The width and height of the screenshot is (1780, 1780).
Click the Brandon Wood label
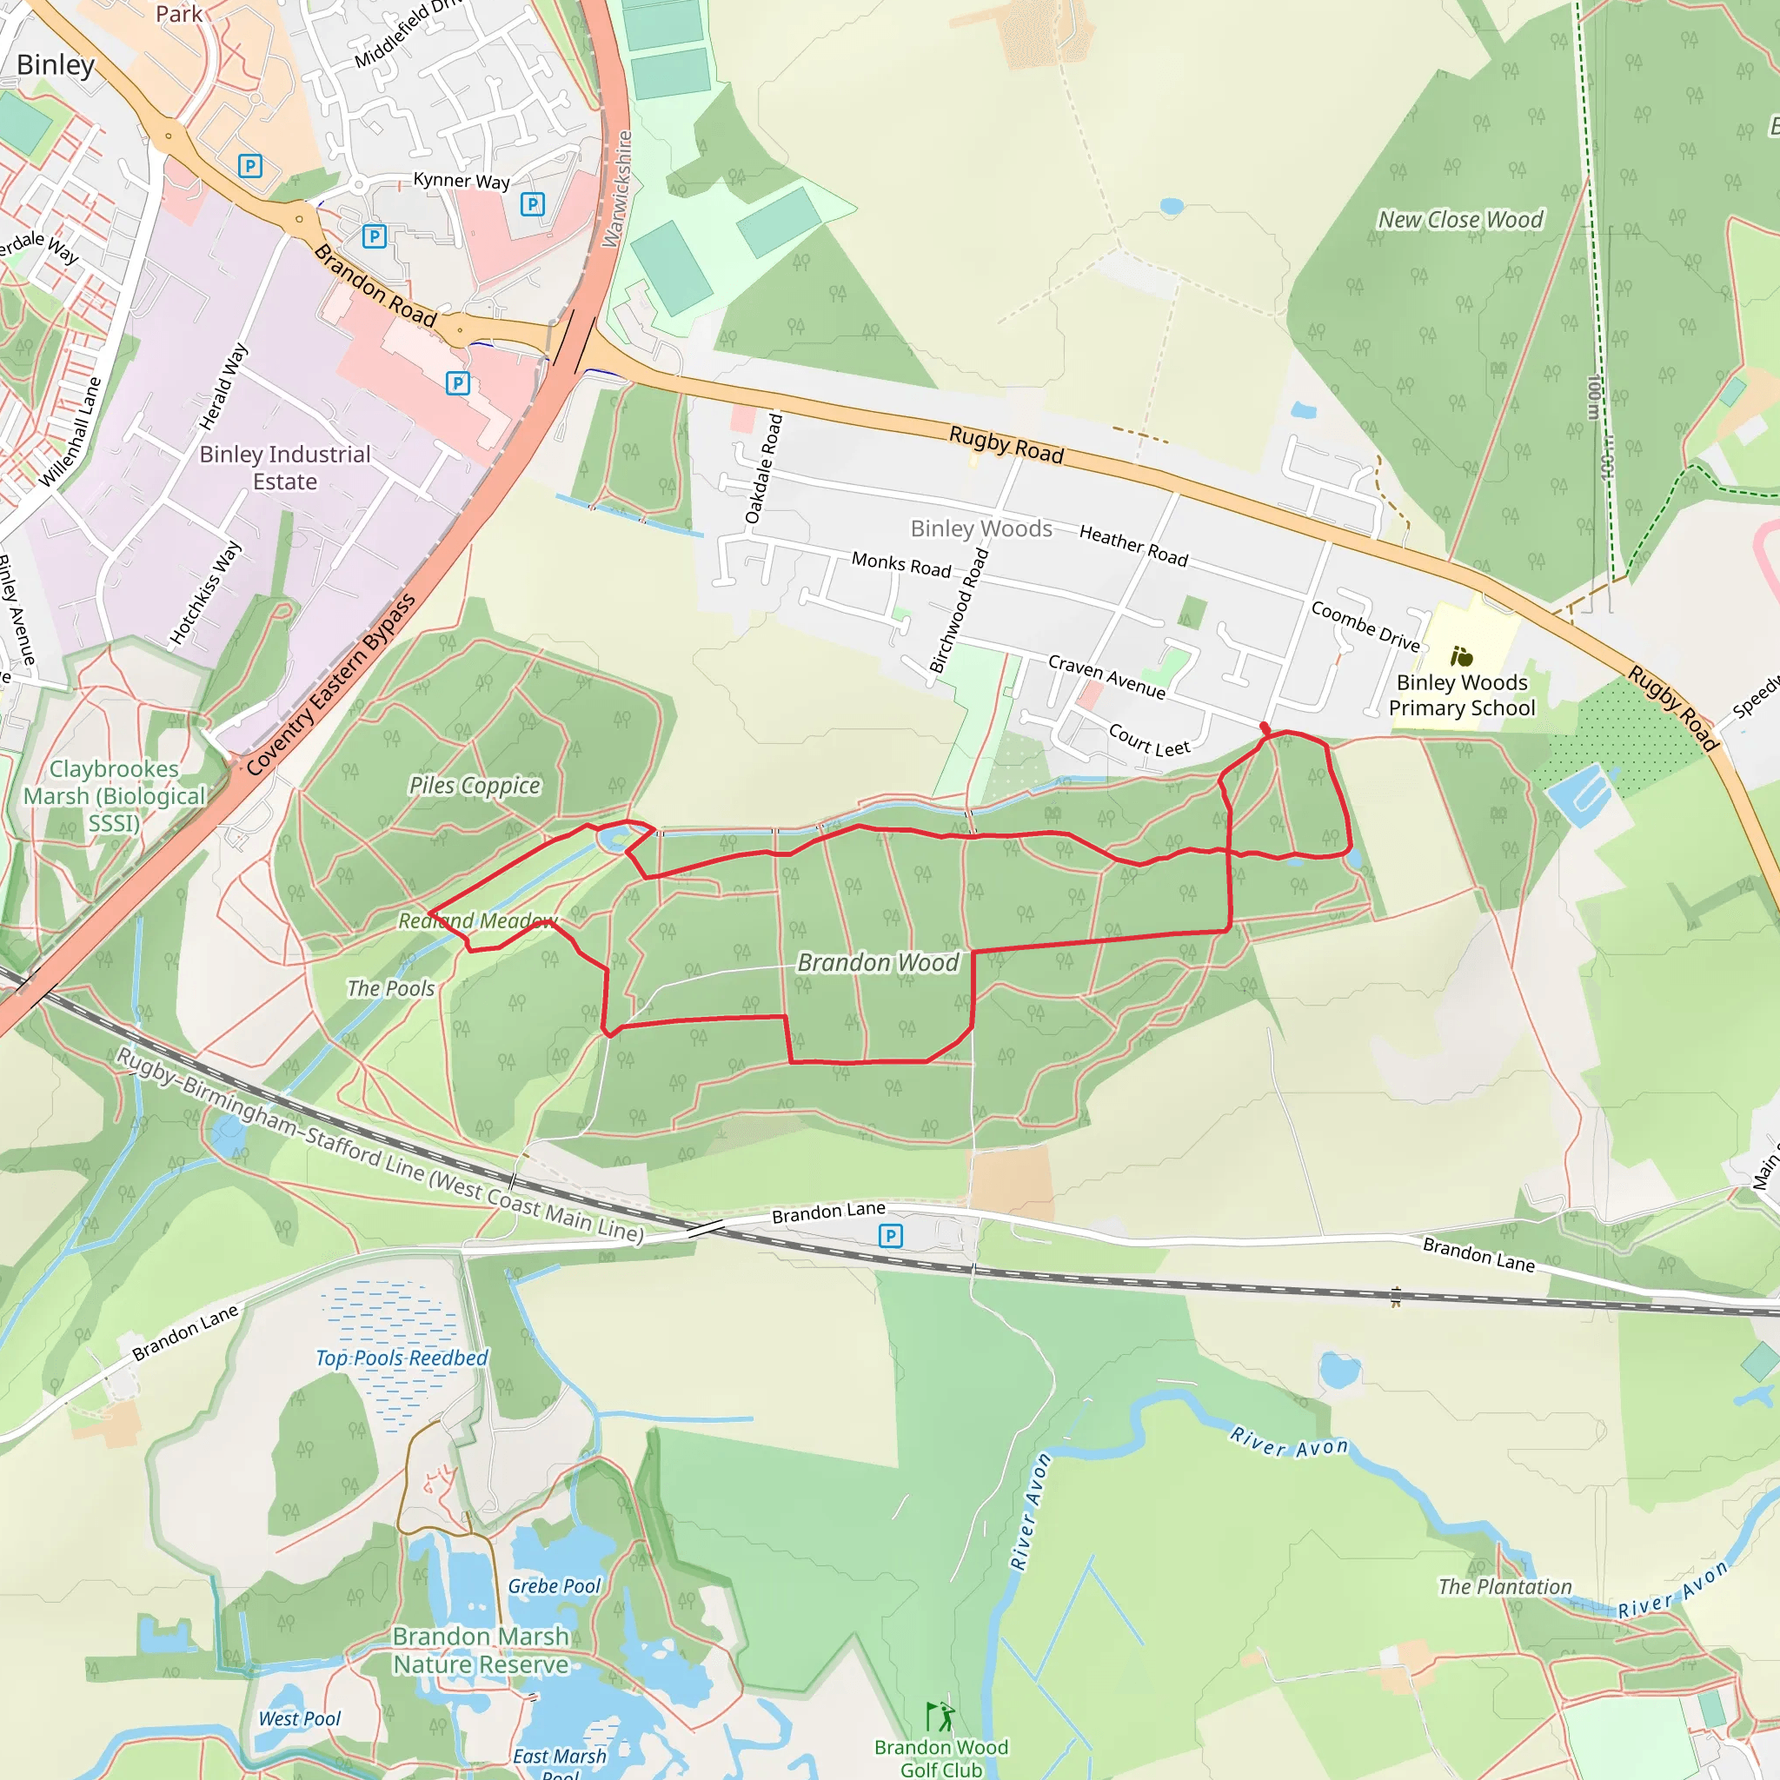pos(877,963)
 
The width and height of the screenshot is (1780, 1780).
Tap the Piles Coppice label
pos(475,785)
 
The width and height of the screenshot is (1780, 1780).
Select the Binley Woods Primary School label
pos(1461,695)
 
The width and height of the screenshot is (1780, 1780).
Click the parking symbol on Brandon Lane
pos(890,1236)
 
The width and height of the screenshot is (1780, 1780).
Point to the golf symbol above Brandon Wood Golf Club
pos(939,1716)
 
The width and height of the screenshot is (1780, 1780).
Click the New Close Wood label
pos(1459,219)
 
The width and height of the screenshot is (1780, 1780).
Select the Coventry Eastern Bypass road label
pos(331,685)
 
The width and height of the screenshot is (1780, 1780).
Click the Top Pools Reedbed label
pos(402,1358)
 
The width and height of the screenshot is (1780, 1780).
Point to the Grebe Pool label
pos(554,1585)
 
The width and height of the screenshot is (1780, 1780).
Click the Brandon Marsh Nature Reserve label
pos(481,1650)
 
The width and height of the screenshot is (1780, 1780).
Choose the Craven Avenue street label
pos(1106,677)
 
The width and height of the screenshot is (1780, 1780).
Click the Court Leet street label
pos(1149,740)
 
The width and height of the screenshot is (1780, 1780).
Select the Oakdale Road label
pos(764,469)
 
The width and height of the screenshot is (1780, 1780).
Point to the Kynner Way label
pos(461,180)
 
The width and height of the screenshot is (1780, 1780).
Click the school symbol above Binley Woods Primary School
pos(1461,656)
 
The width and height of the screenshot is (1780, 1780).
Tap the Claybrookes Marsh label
pos(114,795)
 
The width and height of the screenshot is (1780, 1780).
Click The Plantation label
pos(1504,1586)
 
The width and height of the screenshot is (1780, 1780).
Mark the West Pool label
pos(300,1718)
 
